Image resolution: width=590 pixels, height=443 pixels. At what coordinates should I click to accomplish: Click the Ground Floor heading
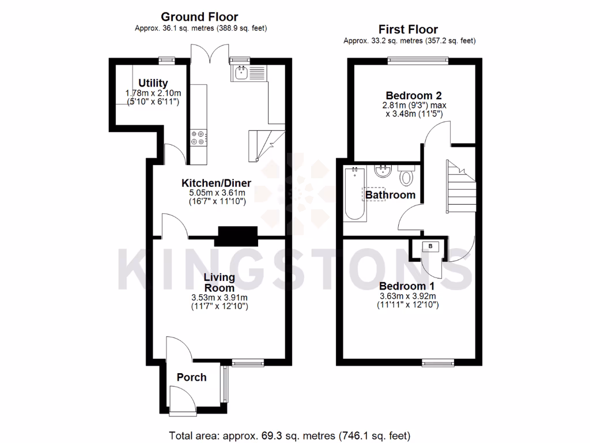pos(199,17)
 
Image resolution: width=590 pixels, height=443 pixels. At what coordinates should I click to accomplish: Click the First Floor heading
pos(408,29)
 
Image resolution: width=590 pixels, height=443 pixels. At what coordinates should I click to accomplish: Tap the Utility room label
pos(153,83)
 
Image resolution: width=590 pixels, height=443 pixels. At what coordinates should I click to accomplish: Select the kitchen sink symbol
pos(241,73)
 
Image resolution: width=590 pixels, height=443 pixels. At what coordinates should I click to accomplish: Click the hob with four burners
pos(197,136)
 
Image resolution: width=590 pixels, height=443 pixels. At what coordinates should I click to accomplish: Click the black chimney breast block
pos(237,236)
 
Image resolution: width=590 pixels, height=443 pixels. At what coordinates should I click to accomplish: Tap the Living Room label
pos(219,283)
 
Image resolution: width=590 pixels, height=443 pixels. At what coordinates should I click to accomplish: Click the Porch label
pos(191,377)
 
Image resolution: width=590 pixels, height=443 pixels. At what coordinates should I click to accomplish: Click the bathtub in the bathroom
pos(354,194)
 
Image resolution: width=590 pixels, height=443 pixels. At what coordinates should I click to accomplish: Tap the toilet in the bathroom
pos(407,176)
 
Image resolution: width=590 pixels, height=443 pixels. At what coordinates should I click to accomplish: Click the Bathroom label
pos(391,195)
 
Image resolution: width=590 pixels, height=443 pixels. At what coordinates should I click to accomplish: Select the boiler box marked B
pos(430,247)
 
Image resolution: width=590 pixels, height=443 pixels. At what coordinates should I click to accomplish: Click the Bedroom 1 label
pos(407,286)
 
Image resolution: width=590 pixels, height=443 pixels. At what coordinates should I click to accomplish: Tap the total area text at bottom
pos(290,435)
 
